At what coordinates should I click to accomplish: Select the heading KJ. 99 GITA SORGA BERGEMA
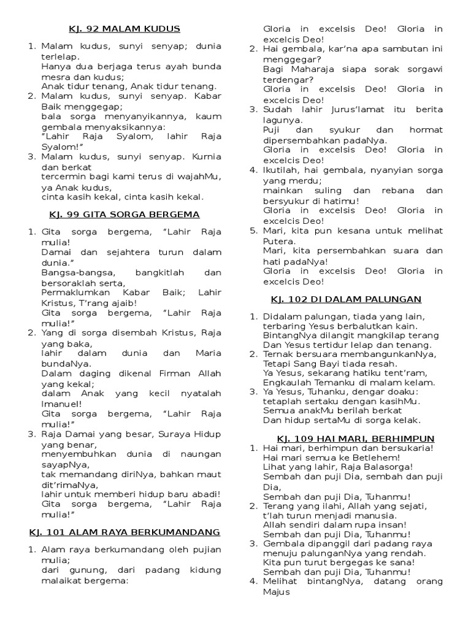click(x=124, y=214)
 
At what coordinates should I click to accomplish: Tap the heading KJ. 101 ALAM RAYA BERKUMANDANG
click(x=124, y=531)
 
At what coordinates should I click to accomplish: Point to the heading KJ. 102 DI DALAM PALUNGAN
click(x=347, y=299)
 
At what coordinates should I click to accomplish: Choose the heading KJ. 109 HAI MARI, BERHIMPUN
click(x=356, y=438)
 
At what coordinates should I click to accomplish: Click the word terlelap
click(x=60, y=56)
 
